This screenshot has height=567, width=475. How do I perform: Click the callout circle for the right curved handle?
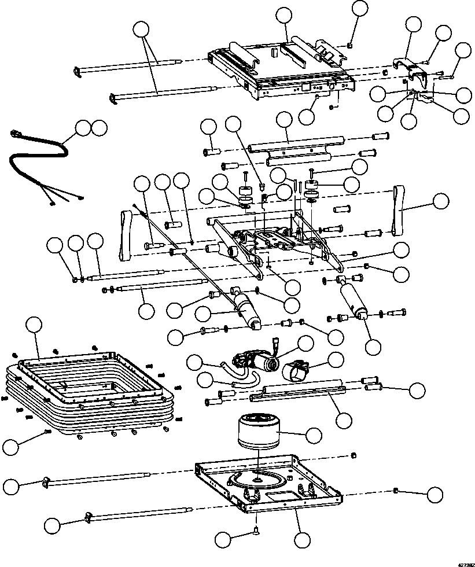pos(441,201)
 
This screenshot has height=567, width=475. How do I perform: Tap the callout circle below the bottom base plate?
pos(301,540)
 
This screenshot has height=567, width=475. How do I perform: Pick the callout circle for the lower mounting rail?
pos(344,419)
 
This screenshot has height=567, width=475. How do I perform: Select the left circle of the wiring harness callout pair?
pos(84,128)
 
